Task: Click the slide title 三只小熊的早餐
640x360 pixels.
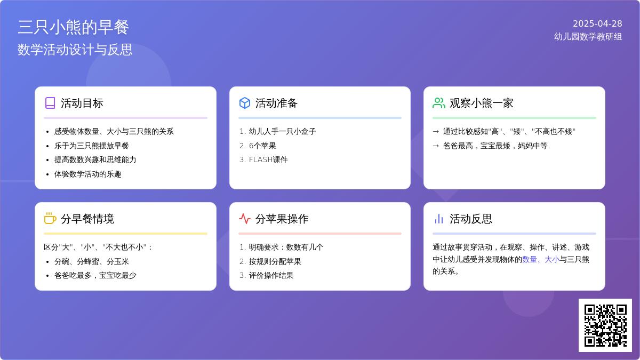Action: (x=73, y=27)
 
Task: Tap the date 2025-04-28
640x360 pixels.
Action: (x=597, y=23)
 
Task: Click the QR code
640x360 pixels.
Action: (x=605, y=325)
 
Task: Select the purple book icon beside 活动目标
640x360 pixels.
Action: (x=50, y=103)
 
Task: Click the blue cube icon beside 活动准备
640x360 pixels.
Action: (x=245, y=103)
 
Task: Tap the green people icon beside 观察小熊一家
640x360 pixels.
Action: (x=439, y=103)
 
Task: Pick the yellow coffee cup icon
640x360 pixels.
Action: (x=50, y=218)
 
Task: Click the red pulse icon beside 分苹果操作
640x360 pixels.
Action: (x=245, y=219)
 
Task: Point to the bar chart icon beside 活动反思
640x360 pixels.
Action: (x=439, y=219)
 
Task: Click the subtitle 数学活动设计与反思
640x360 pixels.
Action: (x=75, y=50)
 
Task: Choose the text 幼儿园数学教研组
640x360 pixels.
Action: (x=588, y=37)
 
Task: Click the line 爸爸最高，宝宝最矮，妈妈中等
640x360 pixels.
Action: (x=495, y=146)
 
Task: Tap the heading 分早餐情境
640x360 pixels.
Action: (x=87, y=219)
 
